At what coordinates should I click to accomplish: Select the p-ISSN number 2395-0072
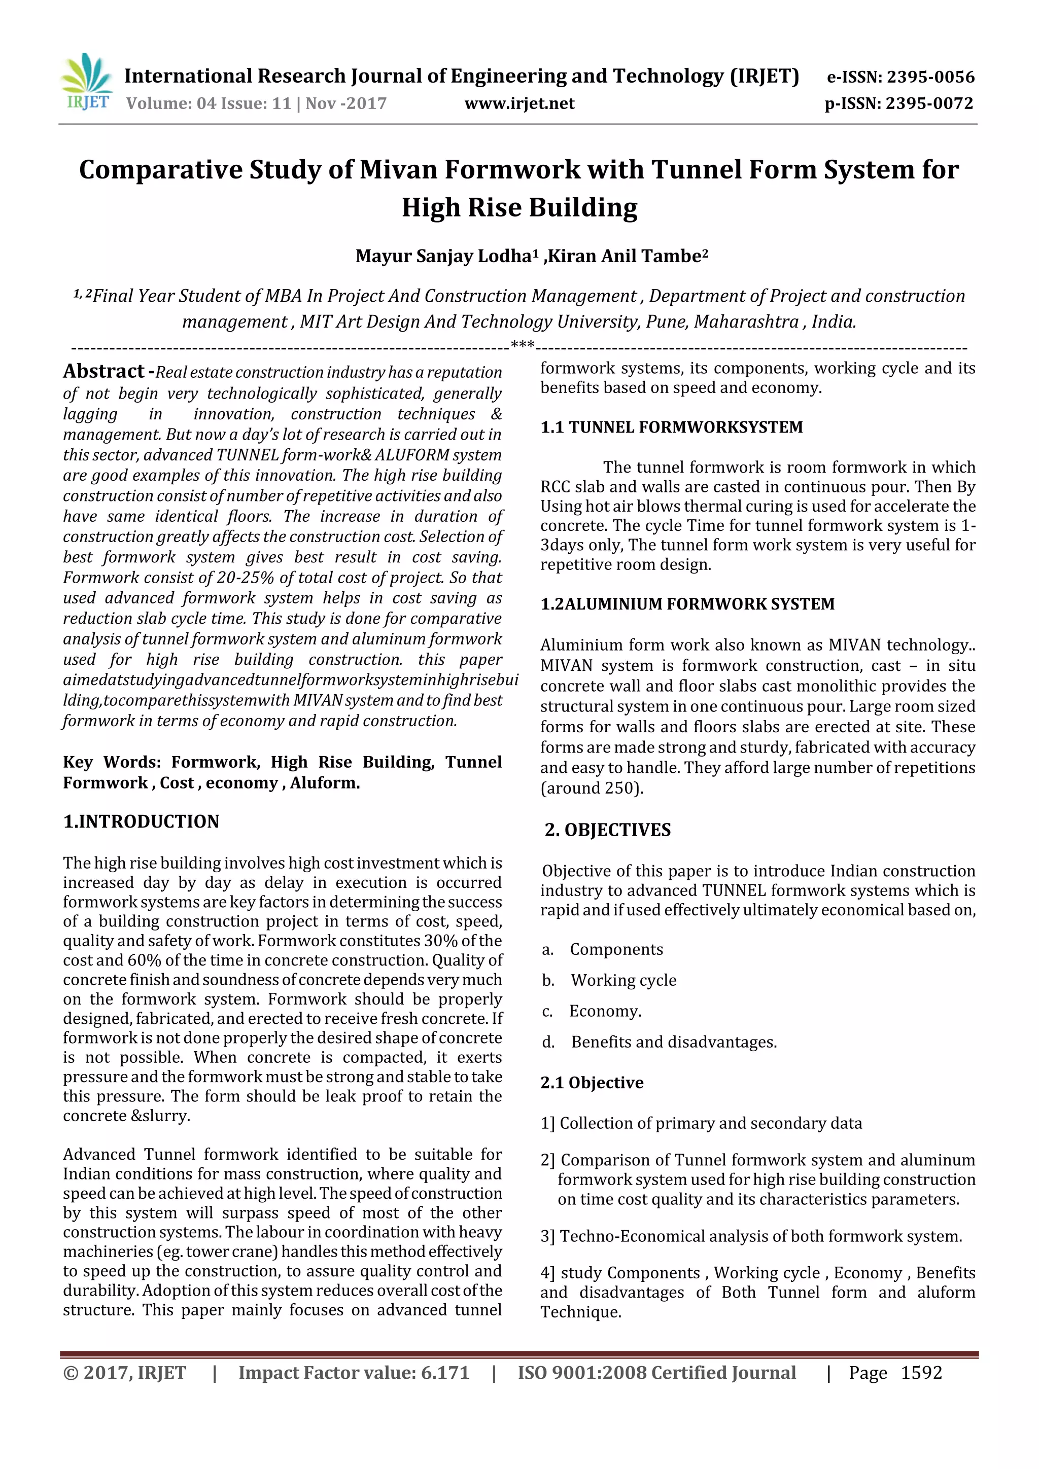coord(929,103)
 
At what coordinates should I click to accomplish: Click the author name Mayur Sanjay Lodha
coord(443,256)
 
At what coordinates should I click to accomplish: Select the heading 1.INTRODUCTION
coord(141,821)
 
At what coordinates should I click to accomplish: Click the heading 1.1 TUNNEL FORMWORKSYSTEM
coord(671,427)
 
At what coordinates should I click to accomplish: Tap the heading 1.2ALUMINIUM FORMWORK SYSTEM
coord(687,604)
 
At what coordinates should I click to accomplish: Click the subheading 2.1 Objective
coord(592,1083)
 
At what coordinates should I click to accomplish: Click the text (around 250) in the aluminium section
coord(592,788)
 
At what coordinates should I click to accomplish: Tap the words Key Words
coord(112,762)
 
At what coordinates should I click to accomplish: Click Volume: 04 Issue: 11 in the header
coord(210,103)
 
